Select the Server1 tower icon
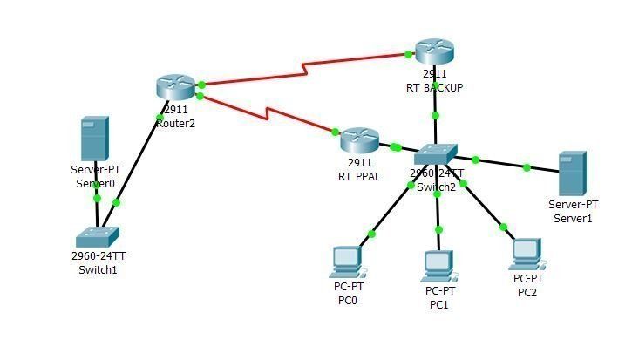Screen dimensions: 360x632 pyautogui.click(x=572, y=173)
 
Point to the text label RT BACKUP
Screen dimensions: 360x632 pyautogui.click(x=434, y=88)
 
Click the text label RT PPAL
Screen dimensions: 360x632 pyautogui.click(x=359, y=176)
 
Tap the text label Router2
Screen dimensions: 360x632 pyautogui.click(x=175, y=124)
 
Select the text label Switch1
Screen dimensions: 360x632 pyautogui.click(x=98, y=270)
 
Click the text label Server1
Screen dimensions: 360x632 pyautogui.click(x=573, y=218)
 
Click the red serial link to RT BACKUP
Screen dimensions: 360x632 pyautogui.click(x=305, y=67)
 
